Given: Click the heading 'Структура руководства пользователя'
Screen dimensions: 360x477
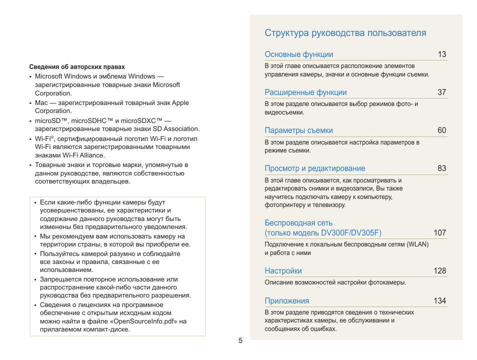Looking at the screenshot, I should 345,33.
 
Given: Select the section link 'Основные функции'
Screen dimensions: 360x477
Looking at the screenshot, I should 298,54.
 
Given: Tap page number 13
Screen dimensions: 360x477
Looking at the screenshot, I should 441,54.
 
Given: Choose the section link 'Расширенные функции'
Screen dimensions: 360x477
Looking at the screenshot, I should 305,92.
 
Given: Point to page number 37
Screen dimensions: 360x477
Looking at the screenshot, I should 441,92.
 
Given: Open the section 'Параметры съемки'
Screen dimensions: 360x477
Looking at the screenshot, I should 298,130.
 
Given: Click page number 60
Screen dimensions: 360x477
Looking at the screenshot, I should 441,130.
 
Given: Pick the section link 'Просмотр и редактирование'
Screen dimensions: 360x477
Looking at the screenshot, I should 314,168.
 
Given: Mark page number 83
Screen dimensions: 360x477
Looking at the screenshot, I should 441,168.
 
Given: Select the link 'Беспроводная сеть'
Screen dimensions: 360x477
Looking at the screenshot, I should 298,223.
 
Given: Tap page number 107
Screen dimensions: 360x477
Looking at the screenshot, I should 439,233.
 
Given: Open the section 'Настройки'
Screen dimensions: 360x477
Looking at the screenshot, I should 283,271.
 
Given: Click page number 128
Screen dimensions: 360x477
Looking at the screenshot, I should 439,271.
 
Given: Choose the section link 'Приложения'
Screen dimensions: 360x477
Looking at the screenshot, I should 286,301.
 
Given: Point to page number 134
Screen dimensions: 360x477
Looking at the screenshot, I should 439,301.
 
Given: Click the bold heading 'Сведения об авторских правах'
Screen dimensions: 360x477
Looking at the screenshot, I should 77,67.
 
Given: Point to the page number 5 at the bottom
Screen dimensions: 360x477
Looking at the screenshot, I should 240,341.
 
